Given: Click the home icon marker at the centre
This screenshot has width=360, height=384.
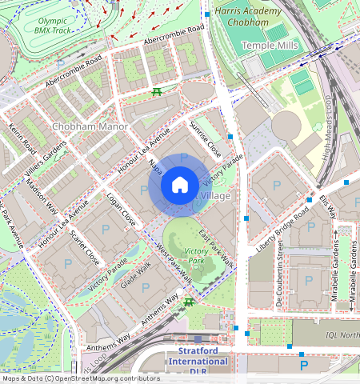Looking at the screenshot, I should (180, 186).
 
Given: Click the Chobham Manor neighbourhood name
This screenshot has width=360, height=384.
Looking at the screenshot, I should (86, 126).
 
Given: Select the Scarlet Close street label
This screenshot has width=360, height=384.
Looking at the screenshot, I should (85, 248).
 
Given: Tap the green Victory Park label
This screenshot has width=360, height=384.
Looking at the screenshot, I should (196, 256).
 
